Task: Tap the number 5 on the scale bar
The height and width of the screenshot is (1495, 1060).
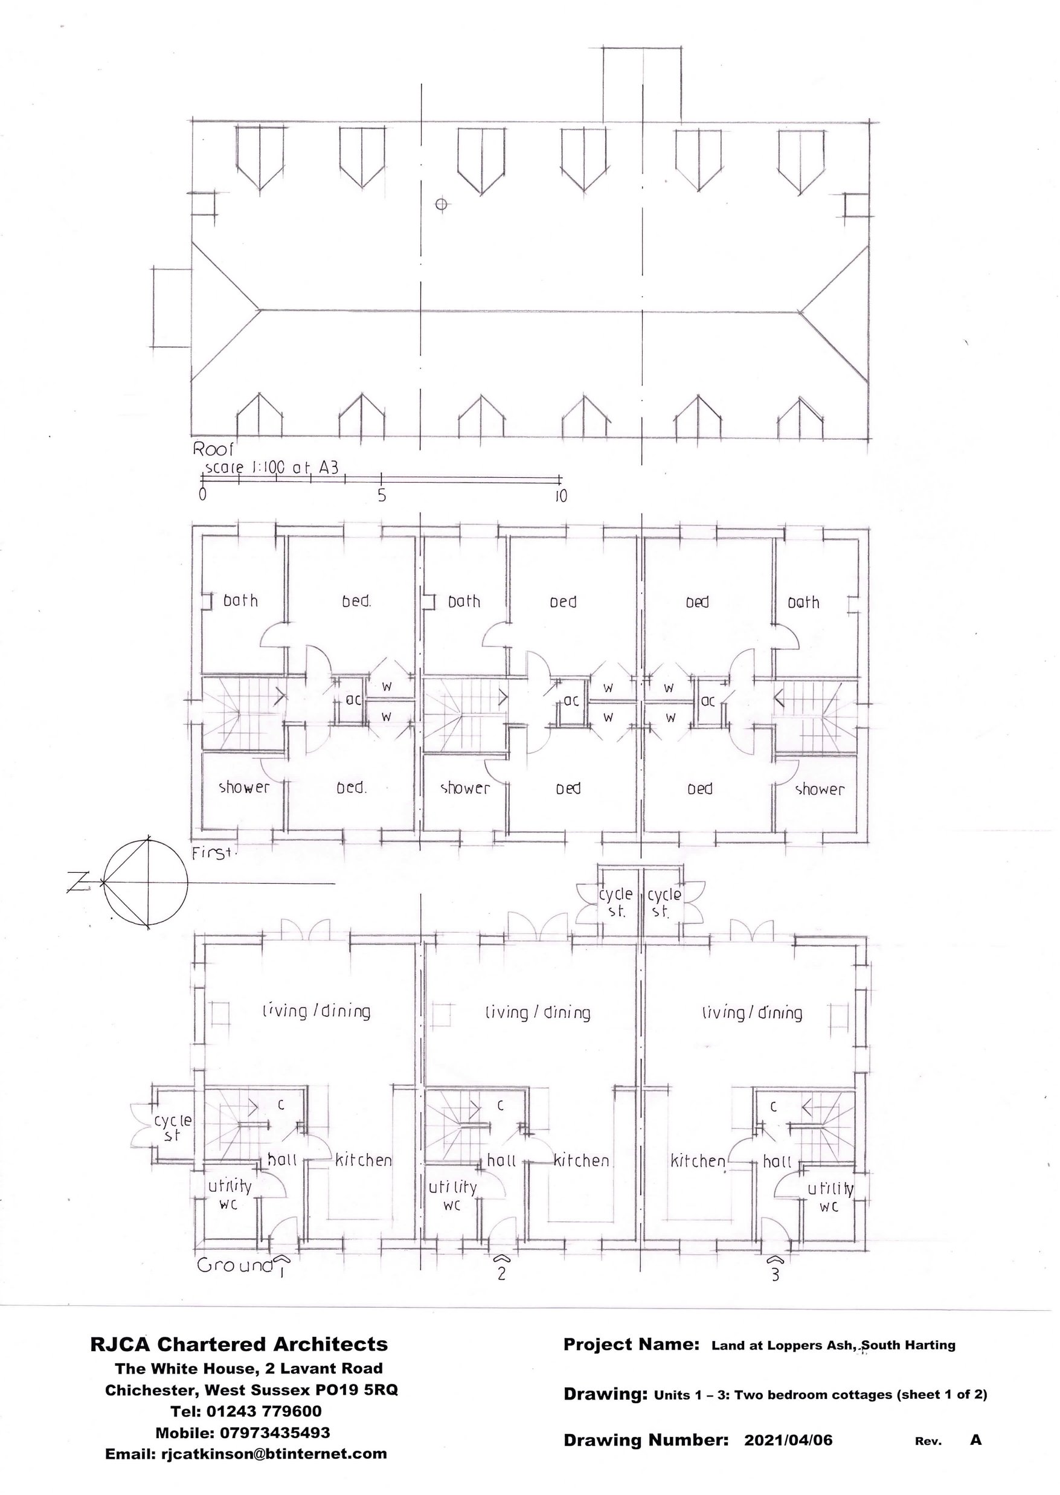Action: (382, 495)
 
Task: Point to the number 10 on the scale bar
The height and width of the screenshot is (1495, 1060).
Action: (561, 495)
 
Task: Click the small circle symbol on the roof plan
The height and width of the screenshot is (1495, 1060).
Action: (442, 204)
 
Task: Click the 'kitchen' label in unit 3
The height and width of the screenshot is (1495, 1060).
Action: (698, 1161)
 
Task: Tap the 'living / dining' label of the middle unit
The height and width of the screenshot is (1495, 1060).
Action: (537, 1012)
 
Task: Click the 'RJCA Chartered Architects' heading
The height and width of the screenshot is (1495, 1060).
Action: (239, 1344)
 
